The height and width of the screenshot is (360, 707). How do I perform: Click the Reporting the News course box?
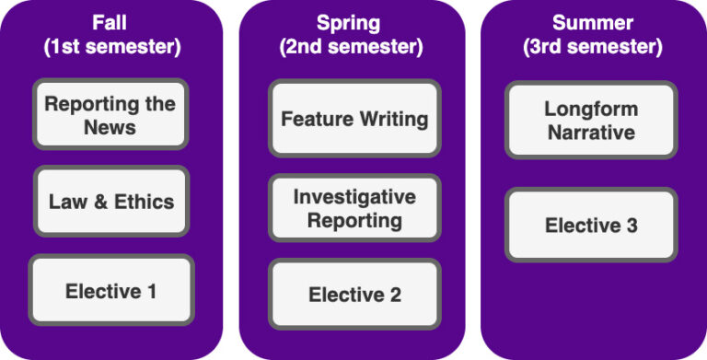pos(110,115)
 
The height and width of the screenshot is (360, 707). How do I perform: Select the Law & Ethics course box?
pos(110,202)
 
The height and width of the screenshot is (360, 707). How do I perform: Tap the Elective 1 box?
pos(110,291)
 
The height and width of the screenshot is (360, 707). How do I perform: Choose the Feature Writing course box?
pos(354,119)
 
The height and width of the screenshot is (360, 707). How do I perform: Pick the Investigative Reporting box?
pos(354,208)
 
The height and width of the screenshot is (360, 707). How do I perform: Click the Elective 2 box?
pos(354,295)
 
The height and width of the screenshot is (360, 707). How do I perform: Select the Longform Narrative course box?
pos(591,120)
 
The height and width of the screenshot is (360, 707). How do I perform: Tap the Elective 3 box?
pos(591,225)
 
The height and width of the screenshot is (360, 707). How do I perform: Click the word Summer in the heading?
pos(590,22)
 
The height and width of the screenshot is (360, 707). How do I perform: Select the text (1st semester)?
pos(111,47)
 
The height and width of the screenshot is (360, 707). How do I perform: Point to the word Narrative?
pos(591,132)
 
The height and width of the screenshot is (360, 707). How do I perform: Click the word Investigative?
pos(354,196)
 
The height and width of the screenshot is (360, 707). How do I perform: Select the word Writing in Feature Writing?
pos(393,119)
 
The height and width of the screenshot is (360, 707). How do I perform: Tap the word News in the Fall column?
pos(110,127)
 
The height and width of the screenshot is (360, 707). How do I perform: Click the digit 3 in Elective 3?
pos(630,225)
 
